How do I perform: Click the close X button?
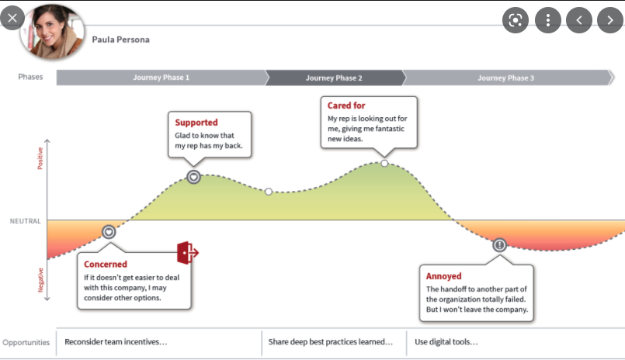(12, 18)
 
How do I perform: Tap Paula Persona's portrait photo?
(56, 31)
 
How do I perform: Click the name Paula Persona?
(120, 40)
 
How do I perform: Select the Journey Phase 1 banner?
(161, 78)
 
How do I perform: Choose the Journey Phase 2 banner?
(334, 78)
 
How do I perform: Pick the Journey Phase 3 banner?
(505, 78)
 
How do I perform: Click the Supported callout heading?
(196, 123)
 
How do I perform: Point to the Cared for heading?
(346, 106)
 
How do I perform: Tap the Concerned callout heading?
(106, 265)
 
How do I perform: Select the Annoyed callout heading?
(444, 275)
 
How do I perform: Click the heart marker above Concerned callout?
(109, 231)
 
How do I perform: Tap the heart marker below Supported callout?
(193, 177)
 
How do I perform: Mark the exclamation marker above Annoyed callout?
(499, 244)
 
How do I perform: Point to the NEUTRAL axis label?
(25, 221)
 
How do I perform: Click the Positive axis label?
(40, 158)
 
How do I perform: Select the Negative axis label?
(40, 279)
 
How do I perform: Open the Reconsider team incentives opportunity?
(116, 341)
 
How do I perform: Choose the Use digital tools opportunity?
(446, 341)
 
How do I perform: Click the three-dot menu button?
(547, 20)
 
